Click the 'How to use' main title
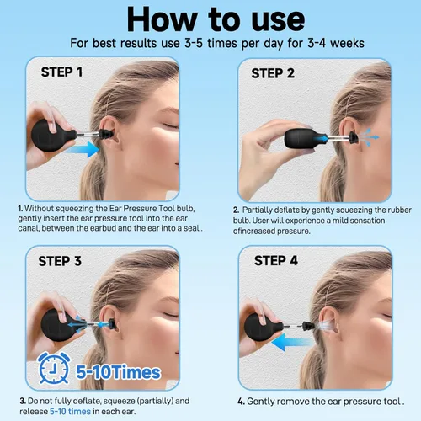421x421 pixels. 216,19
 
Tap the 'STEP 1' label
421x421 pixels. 61,72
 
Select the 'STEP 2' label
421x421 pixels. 273,73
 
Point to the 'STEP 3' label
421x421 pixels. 60,261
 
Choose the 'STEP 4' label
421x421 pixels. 276,261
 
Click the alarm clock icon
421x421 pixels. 53,368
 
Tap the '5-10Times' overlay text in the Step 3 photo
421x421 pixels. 118,372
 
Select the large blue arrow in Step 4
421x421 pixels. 292,343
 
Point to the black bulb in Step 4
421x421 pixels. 263,327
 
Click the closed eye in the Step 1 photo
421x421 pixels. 170,125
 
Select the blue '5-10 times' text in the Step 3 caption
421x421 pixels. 70,412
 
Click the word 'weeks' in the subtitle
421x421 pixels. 347,44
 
